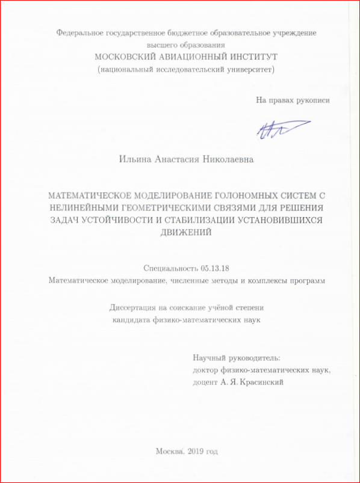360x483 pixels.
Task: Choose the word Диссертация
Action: click(x=134, y=307)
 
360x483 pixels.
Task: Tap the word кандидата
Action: click(x=134, y=319)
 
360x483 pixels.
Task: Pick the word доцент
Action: click(x=205, y=381)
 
